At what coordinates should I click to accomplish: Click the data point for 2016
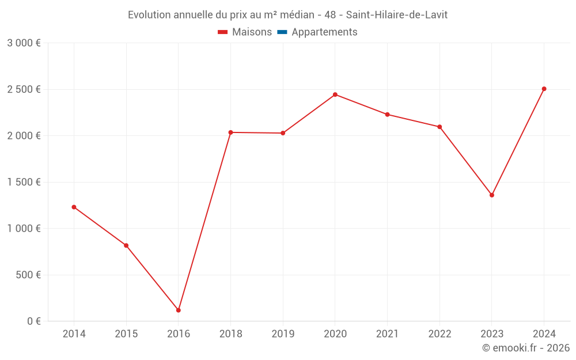[179, 310]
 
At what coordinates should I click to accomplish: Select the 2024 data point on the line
[544, 89]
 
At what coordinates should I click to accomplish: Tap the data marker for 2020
[335, 94]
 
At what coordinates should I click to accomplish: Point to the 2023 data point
[492, 195]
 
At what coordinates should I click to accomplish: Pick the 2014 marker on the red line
[74, 207]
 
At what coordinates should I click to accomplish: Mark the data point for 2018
[230, 132]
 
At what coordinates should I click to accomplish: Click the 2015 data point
[126, 245]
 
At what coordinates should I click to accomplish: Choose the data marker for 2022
[439, 127]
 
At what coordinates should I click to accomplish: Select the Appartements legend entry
[324, 32]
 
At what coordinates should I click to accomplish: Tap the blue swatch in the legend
[282, 32]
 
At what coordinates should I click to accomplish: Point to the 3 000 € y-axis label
[24, 43]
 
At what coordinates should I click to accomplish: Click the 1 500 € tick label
[24, 182]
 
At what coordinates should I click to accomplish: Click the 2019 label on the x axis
[283, 334]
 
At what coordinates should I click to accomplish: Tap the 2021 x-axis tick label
[387, 334]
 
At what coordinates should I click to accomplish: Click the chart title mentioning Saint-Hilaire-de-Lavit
[287, 15]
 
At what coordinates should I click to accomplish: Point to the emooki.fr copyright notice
[525, 348]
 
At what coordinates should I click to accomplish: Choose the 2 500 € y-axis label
[24, 89]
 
